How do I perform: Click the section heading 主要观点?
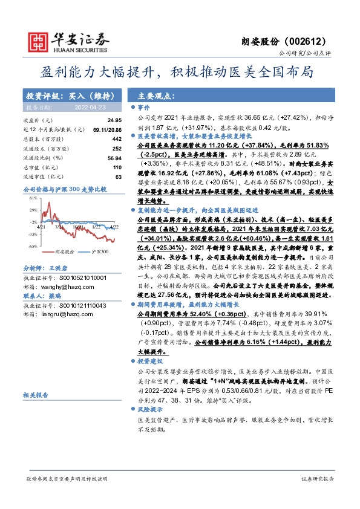(157, 96)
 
